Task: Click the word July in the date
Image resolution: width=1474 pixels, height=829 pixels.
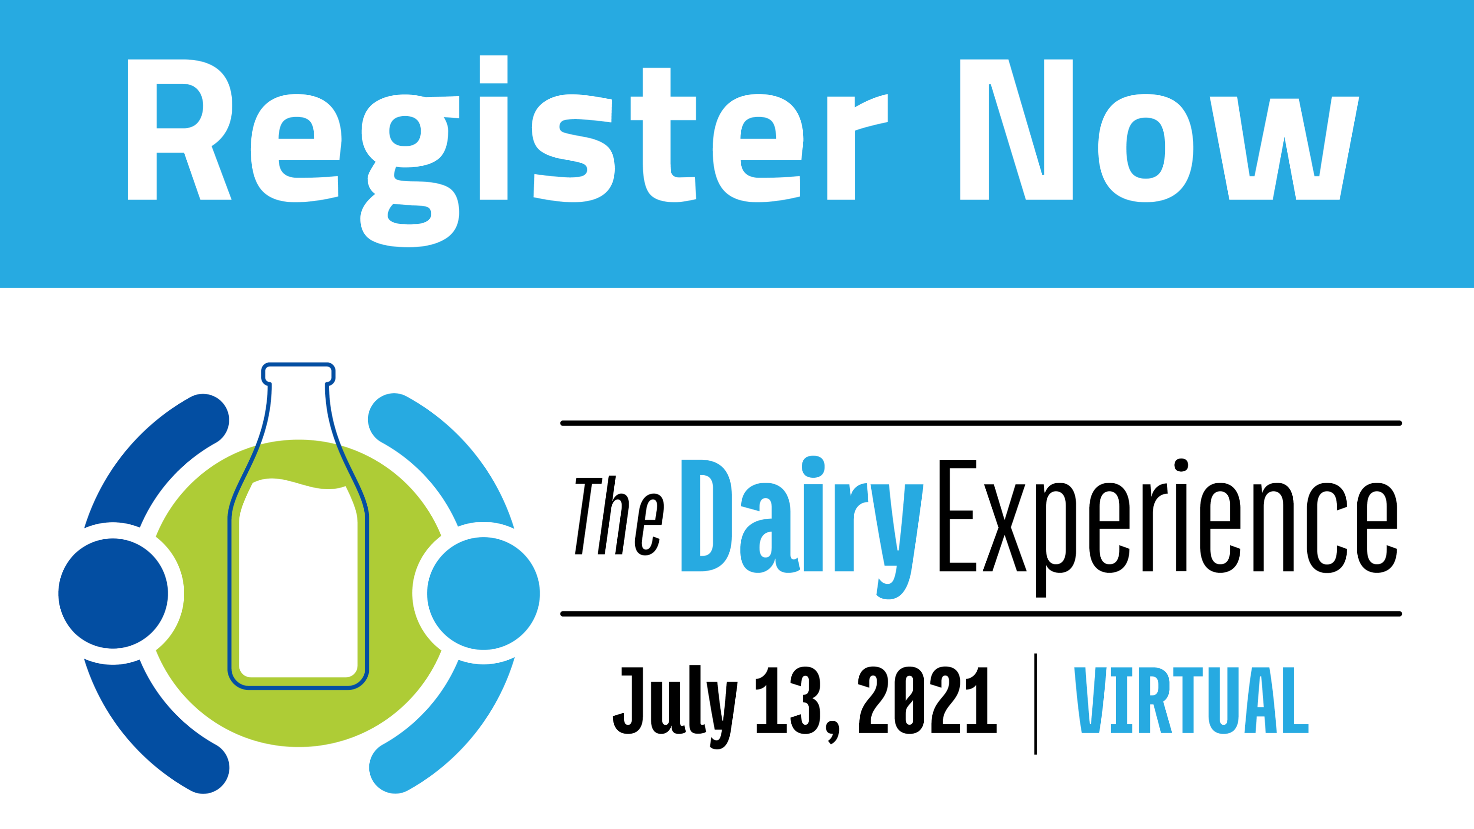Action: click(x=675, y=706)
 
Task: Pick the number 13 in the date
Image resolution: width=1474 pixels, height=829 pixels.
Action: click(x=788, y=700)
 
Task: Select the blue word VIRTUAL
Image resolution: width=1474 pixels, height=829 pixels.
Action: click(x=1191, y=700)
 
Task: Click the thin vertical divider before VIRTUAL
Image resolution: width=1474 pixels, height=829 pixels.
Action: click(x=1036, y=704)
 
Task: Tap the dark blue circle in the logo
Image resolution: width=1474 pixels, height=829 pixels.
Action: click(x=113, y=593)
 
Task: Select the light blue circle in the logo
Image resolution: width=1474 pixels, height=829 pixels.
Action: click(x=483, y=593)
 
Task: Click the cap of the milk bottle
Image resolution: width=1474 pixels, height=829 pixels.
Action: click(x=298, y=373)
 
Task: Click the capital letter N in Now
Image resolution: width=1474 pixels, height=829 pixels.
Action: click(x=1016, y=129)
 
